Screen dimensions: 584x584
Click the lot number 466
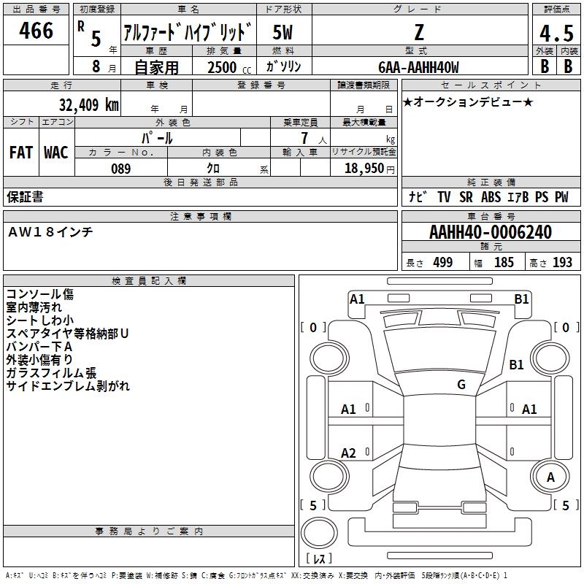click(x=37, y=31)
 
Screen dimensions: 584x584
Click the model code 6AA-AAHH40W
click(x=418, y=68)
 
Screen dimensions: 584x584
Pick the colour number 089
click(x=120, y=169)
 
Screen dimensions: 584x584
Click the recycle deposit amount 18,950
click(x=361, y=169)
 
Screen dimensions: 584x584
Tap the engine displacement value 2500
click(x=222, y=68)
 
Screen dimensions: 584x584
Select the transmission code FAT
click(x=21, y=153)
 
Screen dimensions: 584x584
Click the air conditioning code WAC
click(x=55, y=153)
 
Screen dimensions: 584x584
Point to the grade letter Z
click(x=418, y=33)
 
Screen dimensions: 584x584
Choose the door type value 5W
click(x=283, y=33)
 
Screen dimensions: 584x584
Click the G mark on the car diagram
click(x=461, y=385)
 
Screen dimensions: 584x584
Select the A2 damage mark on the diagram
click(x=349, y=453)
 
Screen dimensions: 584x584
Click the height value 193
click(x=563, y=262)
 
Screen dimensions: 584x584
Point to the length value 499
click(x=442, y=262)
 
